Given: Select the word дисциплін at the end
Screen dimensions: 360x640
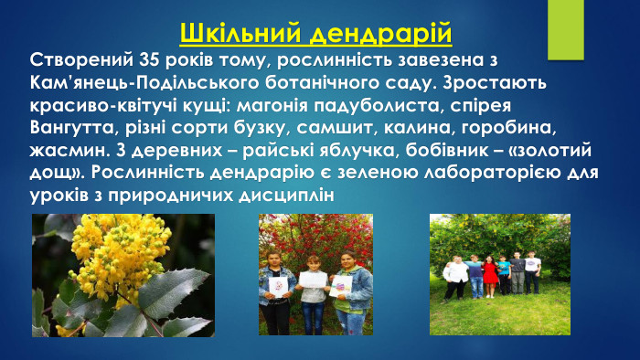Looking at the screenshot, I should pos(284,192).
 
